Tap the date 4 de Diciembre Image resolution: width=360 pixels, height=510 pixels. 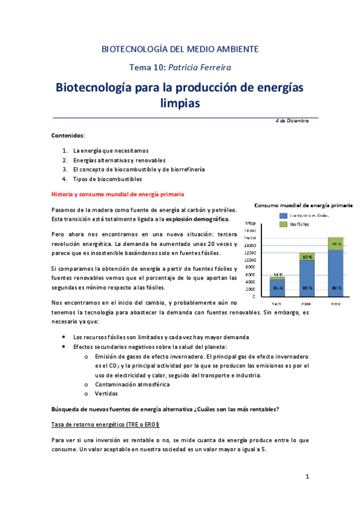pyautogui.click(x=292, y=121)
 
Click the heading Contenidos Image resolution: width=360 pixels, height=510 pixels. pyautogui.click(x=68, y=136)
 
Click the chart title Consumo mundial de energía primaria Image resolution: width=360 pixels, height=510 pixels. pyautogui.click(x=303, y=204)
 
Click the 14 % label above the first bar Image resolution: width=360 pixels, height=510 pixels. pyautogui.click(x=277, y=274)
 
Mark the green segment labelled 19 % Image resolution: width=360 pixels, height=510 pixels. pyautogui.click(x=307, y=257)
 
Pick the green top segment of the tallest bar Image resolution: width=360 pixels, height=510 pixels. pyautogui.click(x=336, y=244)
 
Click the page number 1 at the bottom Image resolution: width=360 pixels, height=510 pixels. pyautogui.click(x=307, y=478)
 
